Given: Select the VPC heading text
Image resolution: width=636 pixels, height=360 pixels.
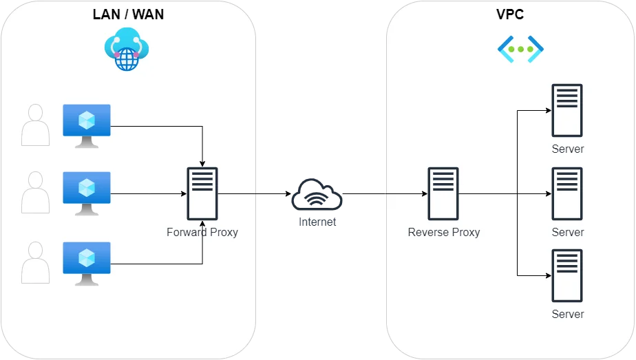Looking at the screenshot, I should (x=510, y=15).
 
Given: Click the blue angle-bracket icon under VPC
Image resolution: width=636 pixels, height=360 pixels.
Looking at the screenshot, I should (x=520, y=49).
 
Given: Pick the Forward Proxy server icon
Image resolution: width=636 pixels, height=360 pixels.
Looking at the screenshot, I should (x=202, y=193).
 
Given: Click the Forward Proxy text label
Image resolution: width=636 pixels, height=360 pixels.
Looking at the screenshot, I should (x=202, y=232).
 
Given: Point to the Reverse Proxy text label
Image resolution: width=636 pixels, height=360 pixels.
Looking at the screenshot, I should (x=444, y=232).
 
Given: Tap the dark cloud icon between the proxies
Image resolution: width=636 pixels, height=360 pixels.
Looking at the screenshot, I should (x=316, y=201).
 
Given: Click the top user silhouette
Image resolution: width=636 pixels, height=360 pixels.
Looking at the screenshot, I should (x=35, y=125).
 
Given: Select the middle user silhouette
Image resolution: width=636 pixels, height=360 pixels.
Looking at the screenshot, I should (x=35, y=193).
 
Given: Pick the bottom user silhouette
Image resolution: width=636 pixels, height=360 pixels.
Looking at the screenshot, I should (x=35, y=262).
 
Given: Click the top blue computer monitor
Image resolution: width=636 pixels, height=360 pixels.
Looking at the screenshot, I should (x=87, y=125).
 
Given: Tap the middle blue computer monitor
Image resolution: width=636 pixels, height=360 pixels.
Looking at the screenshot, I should (x=87, y=193).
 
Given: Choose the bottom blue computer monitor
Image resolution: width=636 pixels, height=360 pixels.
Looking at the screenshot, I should (x=87, y=262).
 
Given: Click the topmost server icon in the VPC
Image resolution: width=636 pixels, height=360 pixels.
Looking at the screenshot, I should (x=567, y=111).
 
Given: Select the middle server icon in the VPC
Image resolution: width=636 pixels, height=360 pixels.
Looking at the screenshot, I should (x=567, y=193).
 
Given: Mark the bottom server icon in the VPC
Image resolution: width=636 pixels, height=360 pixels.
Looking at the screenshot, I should (x=567, y=275).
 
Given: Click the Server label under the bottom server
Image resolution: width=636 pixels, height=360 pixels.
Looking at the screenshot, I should (x=567, y=314).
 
